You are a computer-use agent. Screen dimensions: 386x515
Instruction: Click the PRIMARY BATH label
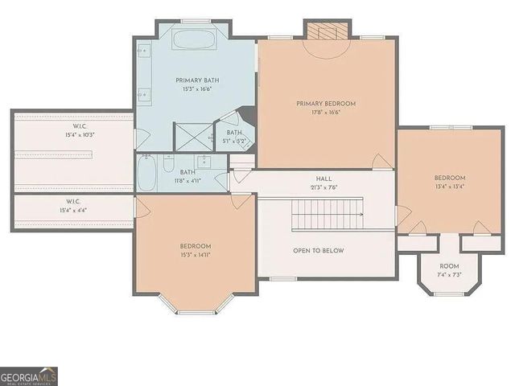point(197,80)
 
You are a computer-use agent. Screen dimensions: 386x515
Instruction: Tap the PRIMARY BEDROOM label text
point(326,104)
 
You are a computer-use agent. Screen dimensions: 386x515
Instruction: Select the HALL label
point(324,179)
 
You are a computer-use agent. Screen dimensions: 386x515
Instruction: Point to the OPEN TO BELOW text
point(319,251)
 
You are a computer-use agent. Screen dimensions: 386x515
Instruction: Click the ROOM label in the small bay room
point(449,266)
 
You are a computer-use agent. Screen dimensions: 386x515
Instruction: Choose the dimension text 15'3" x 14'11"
point(196,256)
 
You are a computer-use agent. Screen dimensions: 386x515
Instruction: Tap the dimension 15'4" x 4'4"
point(73,211)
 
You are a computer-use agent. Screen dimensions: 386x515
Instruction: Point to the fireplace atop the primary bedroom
point(326,32)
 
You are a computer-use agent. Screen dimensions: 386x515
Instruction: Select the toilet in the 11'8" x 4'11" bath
point(168,165)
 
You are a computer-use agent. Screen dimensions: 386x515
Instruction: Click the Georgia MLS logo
point(29,376)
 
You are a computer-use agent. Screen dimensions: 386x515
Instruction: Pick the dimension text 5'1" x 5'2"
point(234,142)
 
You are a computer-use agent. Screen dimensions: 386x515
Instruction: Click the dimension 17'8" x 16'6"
point(326,113)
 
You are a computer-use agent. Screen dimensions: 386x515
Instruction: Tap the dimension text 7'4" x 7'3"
point(449,276)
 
